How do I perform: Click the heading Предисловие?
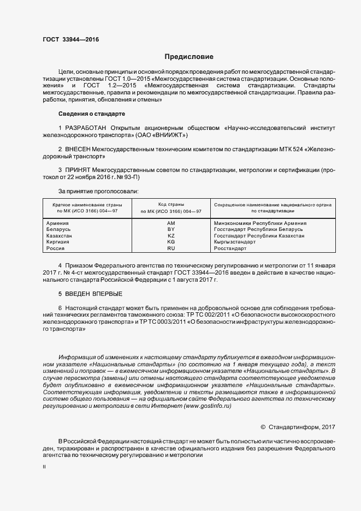189,57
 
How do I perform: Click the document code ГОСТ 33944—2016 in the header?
70,39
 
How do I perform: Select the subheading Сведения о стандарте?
91,114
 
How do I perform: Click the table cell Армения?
58,223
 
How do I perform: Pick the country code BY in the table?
171,229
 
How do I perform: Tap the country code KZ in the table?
171,236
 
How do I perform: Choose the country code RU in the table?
171,248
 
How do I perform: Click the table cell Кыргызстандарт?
234,242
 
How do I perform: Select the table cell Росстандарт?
230,248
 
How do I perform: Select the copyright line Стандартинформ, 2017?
302,427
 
